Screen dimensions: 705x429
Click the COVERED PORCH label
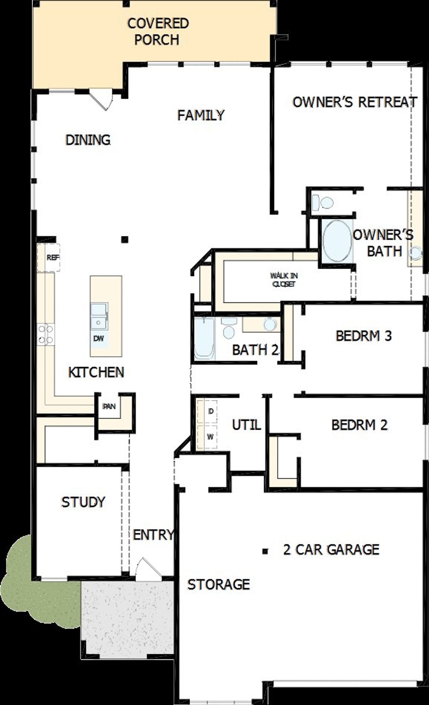(158, 32)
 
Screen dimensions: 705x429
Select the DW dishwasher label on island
(99, 338)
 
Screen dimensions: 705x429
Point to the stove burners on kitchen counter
(46, 334)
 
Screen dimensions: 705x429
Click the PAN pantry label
(109, 407)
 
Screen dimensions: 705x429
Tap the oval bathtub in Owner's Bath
(337, 241)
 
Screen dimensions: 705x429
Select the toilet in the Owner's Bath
(322, 202)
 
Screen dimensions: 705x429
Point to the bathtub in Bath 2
(204, 339)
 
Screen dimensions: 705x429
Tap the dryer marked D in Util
(208, 412)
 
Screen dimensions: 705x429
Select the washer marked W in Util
(208, 437)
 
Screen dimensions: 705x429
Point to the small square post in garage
(265, 551)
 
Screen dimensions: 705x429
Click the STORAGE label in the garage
(219, 584)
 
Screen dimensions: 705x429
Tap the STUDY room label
(83, 502)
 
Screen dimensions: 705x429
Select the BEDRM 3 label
(364, 336)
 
